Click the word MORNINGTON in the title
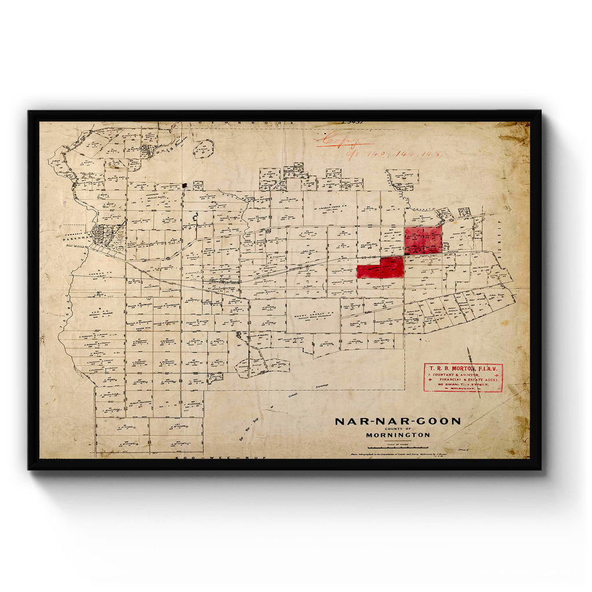pos(398,435)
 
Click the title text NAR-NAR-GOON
pos(398,421)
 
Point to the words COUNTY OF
pos(398,429)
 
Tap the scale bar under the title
pos(398,447)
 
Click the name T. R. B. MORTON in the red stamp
pos(463,368)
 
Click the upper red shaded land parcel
pos(423,239)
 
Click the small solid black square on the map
pos(184,186)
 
